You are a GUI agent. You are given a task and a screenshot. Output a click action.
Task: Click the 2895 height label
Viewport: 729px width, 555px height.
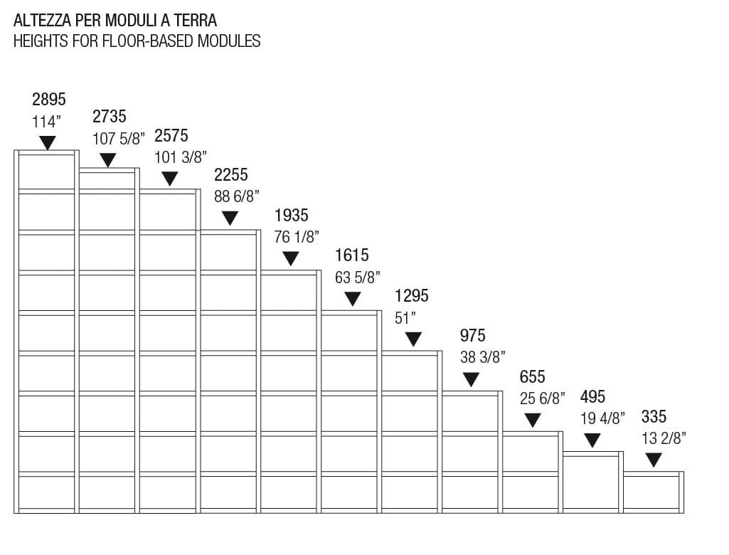(x=49, y=99)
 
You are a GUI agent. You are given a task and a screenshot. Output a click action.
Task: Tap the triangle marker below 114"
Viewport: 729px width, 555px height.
(x=48, y=142)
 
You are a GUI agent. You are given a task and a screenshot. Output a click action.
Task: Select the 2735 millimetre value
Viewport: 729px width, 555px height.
(x=110, y=117)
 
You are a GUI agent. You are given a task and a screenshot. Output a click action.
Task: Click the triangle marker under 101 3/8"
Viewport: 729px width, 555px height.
(x=170, y=179)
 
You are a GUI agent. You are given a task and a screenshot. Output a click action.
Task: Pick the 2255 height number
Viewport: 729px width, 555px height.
(x=231, y=175)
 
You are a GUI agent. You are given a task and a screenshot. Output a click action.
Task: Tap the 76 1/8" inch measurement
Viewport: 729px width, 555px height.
(x=297, y=237)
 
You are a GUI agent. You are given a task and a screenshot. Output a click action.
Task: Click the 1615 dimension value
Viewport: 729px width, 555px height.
(x=352, y=255)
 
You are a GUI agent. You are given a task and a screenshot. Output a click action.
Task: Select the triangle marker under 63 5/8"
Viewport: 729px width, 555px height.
(x=352, y=299)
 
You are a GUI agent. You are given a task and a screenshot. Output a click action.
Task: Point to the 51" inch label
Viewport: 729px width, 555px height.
(x=405, y=318)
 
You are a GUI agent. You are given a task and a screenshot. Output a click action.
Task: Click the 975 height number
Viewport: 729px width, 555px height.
(x=473, y=336)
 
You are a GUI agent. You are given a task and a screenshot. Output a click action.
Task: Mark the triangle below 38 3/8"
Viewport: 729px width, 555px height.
(x=471, y=379)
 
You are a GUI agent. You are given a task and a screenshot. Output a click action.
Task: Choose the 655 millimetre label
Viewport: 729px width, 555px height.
(x=533, y=376)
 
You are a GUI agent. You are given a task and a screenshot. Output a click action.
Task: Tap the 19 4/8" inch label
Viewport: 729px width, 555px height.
(x=602, y=418)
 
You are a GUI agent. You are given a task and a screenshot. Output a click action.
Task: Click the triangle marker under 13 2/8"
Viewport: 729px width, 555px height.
(x=654, y=460)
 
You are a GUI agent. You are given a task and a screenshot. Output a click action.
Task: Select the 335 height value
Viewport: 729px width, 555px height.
(x=654, y=416)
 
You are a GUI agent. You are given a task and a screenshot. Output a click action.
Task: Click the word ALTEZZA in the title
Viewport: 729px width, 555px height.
(x=43, y=19)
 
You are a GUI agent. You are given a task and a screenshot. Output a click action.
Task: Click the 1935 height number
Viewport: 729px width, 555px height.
(x=292, y=215)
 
